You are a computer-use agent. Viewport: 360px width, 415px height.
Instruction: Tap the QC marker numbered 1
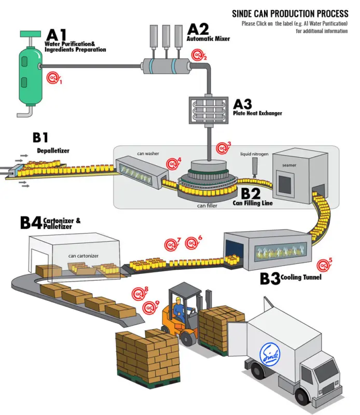pyautogui.click(x=53, y=78)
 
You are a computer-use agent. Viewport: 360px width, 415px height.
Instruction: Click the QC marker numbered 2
pyautogui.click(x=198, y=54)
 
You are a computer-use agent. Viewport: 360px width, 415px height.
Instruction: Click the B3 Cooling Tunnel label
pyautogui.click(x=290, y=279)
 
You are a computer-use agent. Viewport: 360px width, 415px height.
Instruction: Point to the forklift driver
pyautogui.click(x=179, y=311)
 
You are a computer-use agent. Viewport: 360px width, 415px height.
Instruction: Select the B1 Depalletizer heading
pyautogui.click(x=49, y=143)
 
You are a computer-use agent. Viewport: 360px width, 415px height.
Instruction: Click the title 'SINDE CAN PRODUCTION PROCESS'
pyautogui.click(x=289, y=14)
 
